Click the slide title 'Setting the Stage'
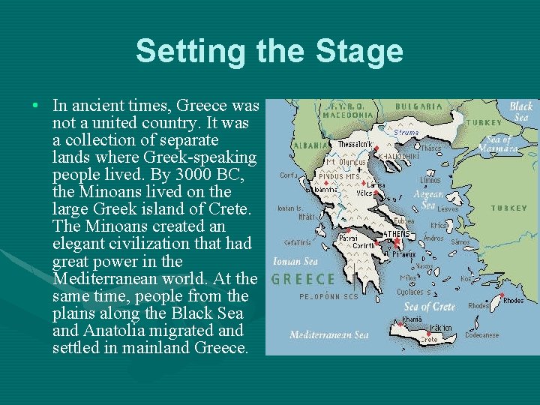click(269, 52)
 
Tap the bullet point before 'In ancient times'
click(36, 105)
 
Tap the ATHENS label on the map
click(397, 234)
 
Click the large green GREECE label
click(303, 279)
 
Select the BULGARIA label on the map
click(419, 107)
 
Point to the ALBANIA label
click(310, 145)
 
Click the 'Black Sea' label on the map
click(520, 111)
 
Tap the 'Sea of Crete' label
click(429, 306)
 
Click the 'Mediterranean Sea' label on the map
click(328, 334)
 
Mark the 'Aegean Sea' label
click(428, 199)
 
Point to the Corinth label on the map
click(364, 245)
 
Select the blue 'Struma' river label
click(405, 133)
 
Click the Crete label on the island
click(428, 340)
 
